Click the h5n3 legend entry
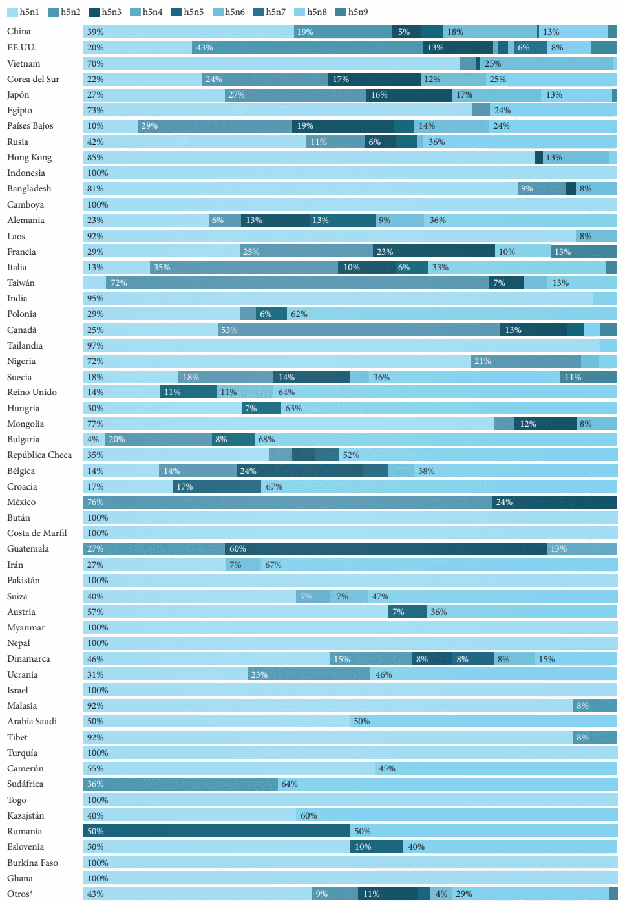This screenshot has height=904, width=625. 105,12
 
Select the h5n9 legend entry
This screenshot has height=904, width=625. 352,12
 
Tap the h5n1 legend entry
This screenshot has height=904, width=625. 23,12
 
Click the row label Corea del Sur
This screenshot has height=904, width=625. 33,79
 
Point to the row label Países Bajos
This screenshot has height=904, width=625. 30,125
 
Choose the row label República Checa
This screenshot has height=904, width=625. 39,455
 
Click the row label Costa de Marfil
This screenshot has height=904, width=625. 37,533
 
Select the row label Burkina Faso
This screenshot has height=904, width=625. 32,863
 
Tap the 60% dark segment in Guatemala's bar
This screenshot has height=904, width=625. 385,549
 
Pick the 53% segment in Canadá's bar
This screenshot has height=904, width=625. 358,330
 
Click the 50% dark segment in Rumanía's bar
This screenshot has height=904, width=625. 217,831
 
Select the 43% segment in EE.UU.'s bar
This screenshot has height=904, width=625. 308,48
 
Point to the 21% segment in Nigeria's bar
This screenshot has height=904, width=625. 525,361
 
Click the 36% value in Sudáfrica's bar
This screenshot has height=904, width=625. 96,784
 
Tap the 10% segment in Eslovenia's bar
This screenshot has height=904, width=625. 377,847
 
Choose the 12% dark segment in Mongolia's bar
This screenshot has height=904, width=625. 545,424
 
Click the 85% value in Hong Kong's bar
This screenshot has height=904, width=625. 96,158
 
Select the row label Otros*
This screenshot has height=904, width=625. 20,894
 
